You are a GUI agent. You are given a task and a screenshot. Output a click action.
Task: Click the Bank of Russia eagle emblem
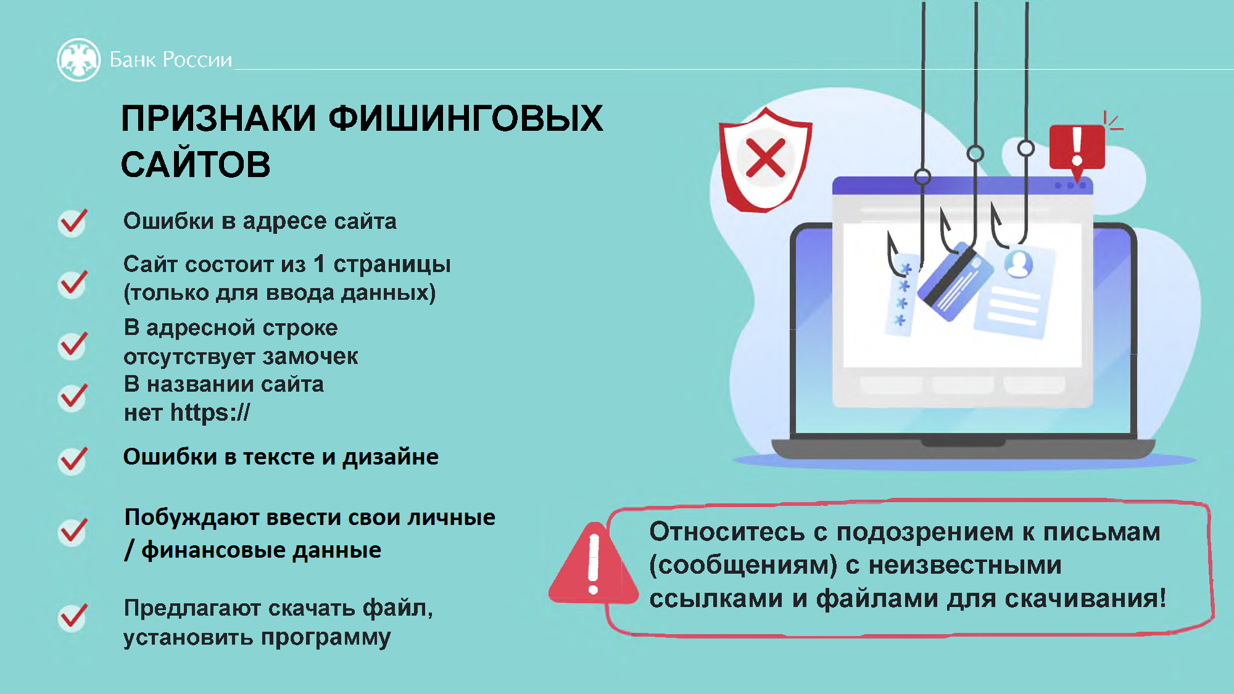[x=78, y=60]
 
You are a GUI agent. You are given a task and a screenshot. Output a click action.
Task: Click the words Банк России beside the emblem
[x=171, y=60]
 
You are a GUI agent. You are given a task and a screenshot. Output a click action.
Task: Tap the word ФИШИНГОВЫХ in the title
[x=466, y=118]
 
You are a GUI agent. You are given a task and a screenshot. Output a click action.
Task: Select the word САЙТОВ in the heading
[x=196, y=164]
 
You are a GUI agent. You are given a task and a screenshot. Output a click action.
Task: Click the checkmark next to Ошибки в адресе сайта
[x=73, y=222]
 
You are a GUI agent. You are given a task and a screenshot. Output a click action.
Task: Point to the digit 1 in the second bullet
[x=319, y=263]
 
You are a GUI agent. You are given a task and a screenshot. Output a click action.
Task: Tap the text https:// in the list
[x=210, y=412]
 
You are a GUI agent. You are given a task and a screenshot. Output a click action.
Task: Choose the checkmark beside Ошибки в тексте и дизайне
[x=73, y=460]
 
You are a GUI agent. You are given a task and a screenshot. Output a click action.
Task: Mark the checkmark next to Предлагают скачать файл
[x=73, y=617]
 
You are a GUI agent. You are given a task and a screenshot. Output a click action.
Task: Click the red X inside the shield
[x=765, y=158]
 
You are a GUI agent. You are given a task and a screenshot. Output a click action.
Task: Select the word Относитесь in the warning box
[x=727, y=532]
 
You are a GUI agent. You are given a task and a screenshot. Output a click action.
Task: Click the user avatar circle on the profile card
[x=1019, y=264]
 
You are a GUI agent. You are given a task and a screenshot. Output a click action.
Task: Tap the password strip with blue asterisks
[x=902, y=295]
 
